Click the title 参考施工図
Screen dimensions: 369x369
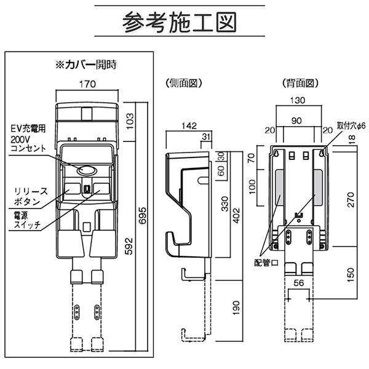(179, 23)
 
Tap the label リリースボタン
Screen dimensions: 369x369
(27, 197)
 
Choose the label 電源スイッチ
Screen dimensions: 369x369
(25, 221)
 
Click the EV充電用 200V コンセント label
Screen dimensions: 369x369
(28, 138)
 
